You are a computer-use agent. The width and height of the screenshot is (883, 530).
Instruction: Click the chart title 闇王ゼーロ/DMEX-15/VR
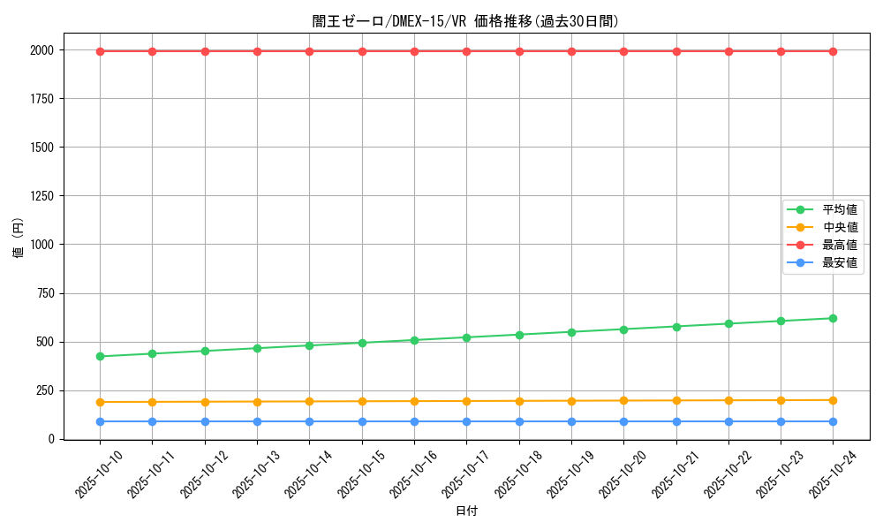tap(466, 21)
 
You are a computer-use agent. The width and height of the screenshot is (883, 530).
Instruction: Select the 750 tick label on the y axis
tap(44, 293)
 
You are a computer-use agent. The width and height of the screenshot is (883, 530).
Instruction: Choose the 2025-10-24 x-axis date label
tap(829, 473)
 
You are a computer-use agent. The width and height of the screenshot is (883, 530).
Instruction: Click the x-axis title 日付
tap(466, 511)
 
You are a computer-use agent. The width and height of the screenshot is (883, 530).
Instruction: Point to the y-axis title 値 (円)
tap(18, 238)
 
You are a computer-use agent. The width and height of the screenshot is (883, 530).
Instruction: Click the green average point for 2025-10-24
tap(834, 318)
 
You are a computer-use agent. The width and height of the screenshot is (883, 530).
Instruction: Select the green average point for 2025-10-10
tap(100, 356)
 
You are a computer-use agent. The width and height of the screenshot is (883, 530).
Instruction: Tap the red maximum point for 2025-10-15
tap(362, 51)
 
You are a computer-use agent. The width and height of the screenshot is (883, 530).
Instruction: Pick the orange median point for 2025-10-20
tap(623, 400)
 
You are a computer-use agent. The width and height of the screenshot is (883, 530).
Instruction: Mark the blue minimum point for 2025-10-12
tap(205, 421)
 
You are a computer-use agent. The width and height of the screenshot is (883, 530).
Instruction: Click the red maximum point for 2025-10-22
tap(728, 51)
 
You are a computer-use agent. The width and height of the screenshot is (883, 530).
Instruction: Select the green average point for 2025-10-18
tap(519, 335)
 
